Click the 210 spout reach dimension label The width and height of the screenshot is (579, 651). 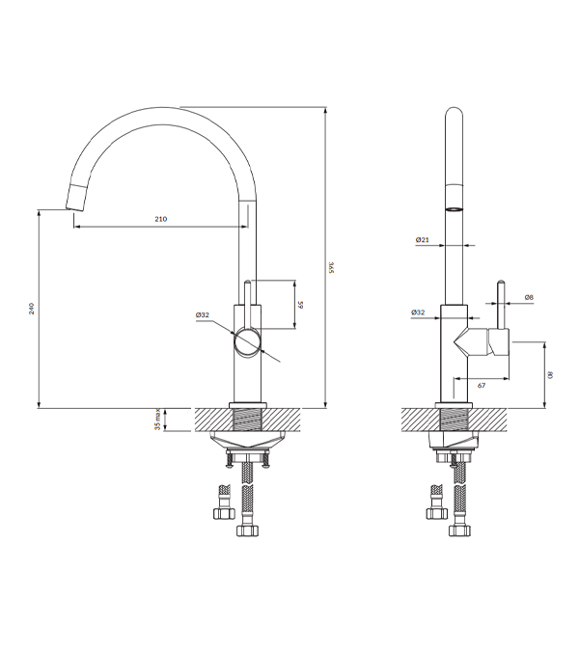tap(161, 219)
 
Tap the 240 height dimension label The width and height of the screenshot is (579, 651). tap(32, 309)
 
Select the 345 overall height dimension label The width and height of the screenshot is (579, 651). tap(331, 267)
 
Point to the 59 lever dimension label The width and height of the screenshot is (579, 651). tap(301, 305)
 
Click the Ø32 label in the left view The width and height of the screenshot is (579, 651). tap(203, 315)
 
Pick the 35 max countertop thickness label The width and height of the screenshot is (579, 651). tap(157, 420)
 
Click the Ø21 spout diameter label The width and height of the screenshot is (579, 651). tap(422, 239)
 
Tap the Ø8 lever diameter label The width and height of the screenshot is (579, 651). tap(529, 297)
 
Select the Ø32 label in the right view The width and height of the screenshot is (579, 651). tap(418, 312)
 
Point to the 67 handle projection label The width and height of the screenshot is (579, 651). tap(482, 385)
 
